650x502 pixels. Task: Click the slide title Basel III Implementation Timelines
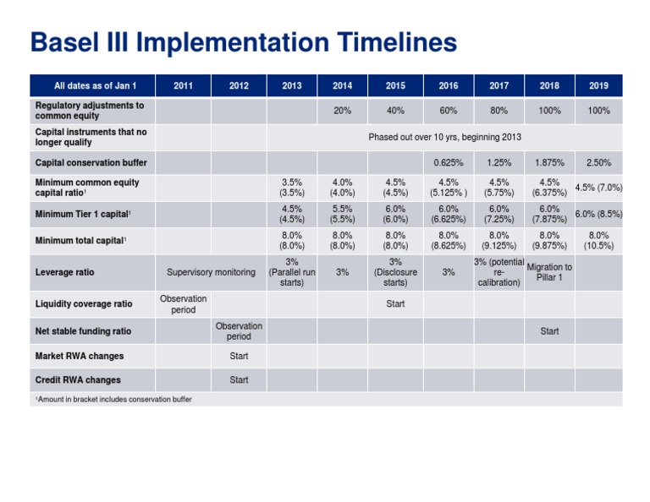coord(243,42)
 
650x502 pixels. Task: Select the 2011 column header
coord(182,85)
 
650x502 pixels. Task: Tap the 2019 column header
coord(598,85)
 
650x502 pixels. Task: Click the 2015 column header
coord(394,85)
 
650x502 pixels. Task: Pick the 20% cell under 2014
coord(343,111)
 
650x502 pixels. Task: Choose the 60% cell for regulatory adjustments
coord(448,111)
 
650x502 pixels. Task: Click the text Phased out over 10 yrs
coord(444,137)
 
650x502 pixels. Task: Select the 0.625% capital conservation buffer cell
coord(448,162)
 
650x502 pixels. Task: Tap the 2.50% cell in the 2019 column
coord(598,162)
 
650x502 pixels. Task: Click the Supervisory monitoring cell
coord(211,272)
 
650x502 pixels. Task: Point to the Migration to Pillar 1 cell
coord(548,273)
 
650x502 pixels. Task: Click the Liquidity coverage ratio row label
coord(83,304)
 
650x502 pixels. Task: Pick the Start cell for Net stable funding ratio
coord(548,331)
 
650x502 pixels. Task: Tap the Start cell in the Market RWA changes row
coord(239,356)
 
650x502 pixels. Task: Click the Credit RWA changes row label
coord(78,380)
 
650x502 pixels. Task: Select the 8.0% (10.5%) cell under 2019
coord(598,241)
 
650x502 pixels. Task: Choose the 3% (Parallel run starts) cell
coord(291,272)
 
